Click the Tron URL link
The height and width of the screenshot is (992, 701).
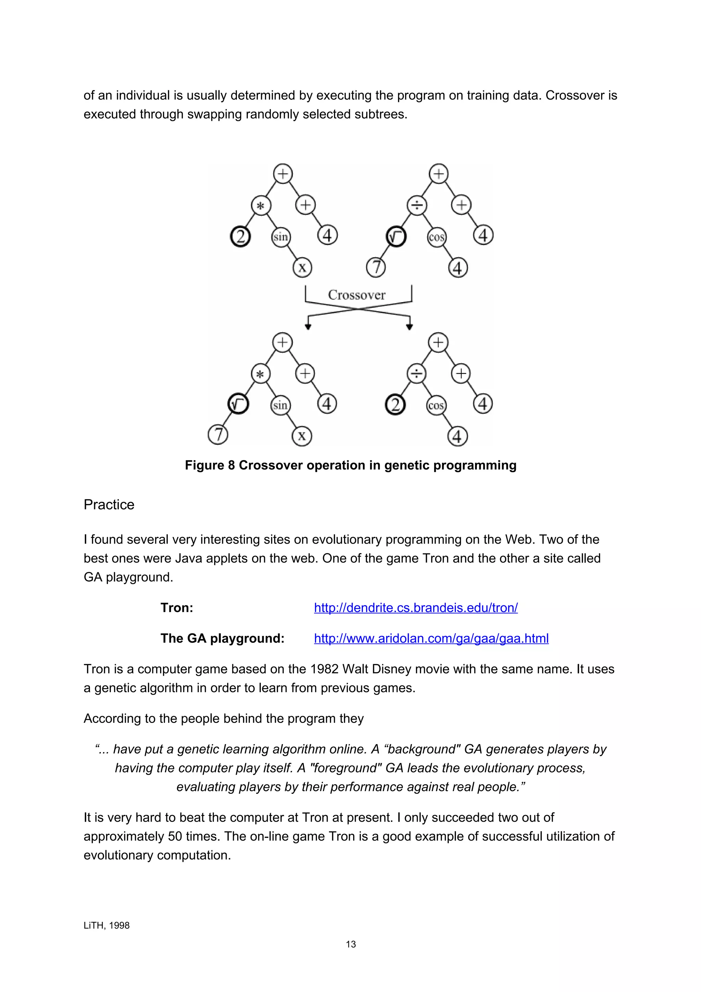[416, 608]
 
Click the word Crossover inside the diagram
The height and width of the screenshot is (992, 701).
[356, 295]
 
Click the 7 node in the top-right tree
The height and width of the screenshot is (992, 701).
[375, 267]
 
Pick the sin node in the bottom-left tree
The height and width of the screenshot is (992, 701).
[280, 405]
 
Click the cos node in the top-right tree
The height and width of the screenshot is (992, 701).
[436, 237]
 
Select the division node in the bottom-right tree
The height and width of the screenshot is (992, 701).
[416, 373]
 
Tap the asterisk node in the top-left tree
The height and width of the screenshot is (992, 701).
[261, 206]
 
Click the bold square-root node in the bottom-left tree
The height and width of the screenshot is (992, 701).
[238, 404]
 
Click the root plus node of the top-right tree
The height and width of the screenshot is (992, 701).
[438, 174]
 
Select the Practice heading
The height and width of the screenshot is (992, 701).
[109, 505]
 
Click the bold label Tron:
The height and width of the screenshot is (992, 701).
[177, 608]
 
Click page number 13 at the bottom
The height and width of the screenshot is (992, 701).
[351, 944]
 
